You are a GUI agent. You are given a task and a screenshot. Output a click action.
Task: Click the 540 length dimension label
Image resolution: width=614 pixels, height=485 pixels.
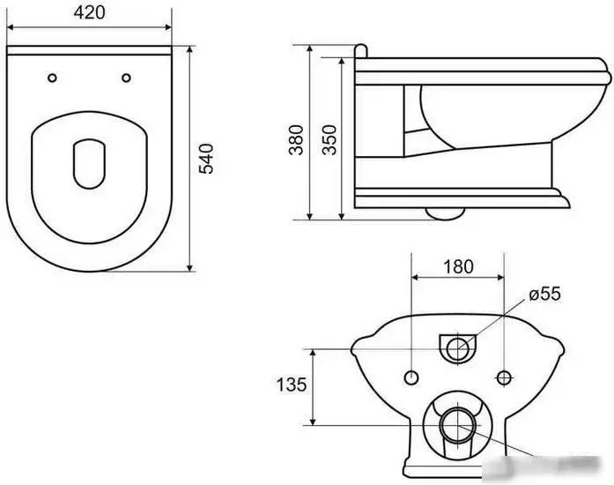207,158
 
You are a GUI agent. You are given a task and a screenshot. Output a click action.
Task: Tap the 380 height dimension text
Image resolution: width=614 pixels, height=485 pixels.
297,139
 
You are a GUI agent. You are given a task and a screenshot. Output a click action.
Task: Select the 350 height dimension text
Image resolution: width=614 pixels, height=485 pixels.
329,139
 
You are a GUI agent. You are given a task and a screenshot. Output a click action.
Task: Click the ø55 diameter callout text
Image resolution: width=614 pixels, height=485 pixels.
544,294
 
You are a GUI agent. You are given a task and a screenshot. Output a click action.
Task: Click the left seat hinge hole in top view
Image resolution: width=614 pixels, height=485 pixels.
54,78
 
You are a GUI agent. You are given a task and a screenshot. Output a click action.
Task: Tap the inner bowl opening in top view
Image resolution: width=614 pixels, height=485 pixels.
89,163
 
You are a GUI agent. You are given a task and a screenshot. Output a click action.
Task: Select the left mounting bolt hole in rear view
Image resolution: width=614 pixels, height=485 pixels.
411,377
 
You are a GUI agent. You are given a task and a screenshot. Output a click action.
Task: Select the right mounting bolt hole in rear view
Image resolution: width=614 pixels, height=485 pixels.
503,377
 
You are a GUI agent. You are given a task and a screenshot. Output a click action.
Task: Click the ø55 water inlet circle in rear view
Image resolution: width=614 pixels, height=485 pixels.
457,347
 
